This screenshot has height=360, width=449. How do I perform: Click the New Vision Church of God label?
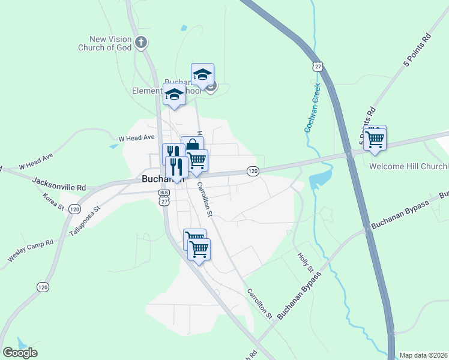pos(106,43)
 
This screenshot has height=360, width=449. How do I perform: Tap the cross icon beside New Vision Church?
pos(141,42)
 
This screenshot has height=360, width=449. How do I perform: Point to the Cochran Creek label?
pos(313,107)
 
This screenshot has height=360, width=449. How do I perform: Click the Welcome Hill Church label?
pos(408,166)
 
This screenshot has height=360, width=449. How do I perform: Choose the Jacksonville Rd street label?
pos(59,184)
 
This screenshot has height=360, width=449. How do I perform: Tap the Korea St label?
pos(53,201)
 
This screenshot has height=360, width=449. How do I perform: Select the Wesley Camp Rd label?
pos(31,250)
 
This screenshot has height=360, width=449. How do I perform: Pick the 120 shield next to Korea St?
pos(74,209)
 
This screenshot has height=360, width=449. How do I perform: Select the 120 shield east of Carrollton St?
pos(253,172)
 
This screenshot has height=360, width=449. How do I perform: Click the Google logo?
pos(20,353)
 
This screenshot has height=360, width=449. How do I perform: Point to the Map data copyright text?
pos(423,355)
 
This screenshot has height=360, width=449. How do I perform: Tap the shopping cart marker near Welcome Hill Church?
pos(375,139)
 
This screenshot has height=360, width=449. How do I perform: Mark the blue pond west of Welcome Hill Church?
pos(320,178)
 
